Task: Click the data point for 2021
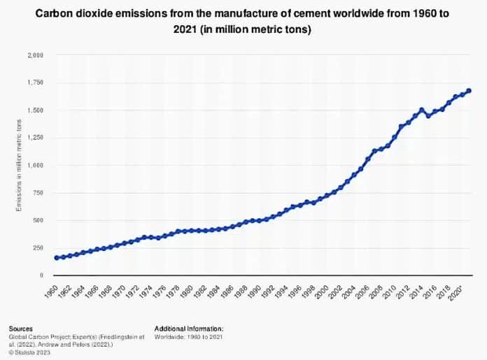(469, 91)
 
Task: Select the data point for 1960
(57, 258)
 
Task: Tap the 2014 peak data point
(421, 110)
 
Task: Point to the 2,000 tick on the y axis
(36, 55)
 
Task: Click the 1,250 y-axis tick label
(36, 138)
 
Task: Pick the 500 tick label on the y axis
(38, 220)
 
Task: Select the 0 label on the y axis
(41, 275)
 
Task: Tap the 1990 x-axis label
(255, 291)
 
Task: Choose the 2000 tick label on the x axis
(323, 291)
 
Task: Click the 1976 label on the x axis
(160, 291)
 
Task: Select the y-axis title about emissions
(19, 166)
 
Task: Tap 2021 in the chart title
(185, 29)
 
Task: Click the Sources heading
(20, 329)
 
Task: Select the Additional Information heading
(189, 329)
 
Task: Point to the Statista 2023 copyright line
(29, 352)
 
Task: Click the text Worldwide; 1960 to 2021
(188, 337)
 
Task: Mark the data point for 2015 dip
(429, 116)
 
